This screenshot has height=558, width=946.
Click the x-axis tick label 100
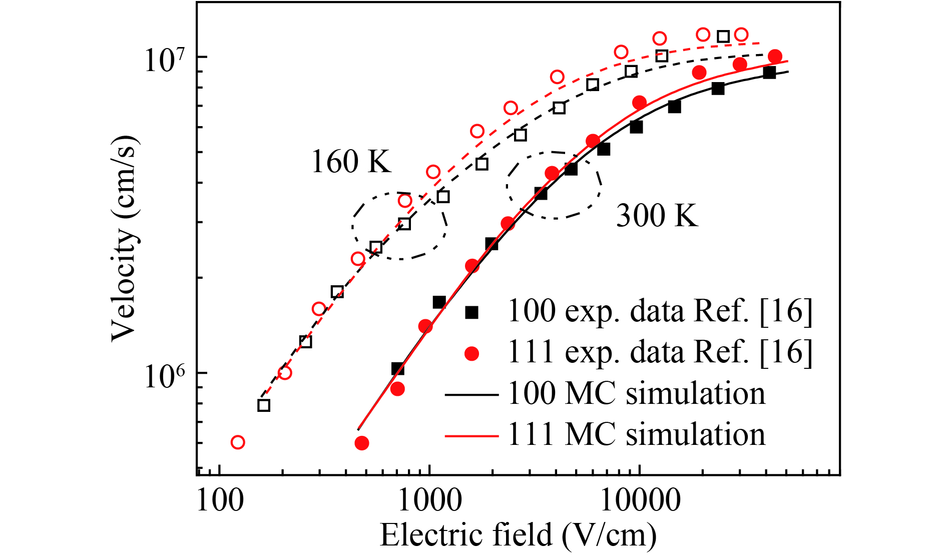(x=220, y=500)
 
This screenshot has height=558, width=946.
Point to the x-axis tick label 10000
(x=640, y=500)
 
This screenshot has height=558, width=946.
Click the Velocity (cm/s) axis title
(x=124, y=238)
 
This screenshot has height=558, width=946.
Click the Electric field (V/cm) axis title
(x=518, y=534)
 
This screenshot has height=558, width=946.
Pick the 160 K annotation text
(x=351, y=162)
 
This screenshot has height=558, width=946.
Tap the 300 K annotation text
(x=657, y=216)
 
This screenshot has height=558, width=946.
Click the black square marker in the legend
(x=471, y=312)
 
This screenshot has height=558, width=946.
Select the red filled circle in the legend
(x=471, y=354)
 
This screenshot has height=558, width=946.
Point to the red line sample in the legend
(x=471, y=436)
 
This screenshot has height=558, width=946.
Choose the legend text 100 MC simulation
(x=636, y=394)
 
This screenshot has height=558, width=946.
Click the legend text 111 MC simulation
(x=636, y=435)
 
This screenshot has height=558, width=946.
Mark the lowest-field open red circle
(x=238, y=442)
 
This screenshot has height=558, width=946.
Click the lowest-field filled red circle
(x=362, y=443)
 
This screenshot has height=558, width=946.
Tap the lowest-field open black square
(x=264, y=405)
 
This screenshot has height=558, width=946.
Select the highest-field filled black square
(x=769, y=73)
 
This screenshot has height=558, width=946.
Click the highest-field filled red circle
(x=775, y=56)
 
